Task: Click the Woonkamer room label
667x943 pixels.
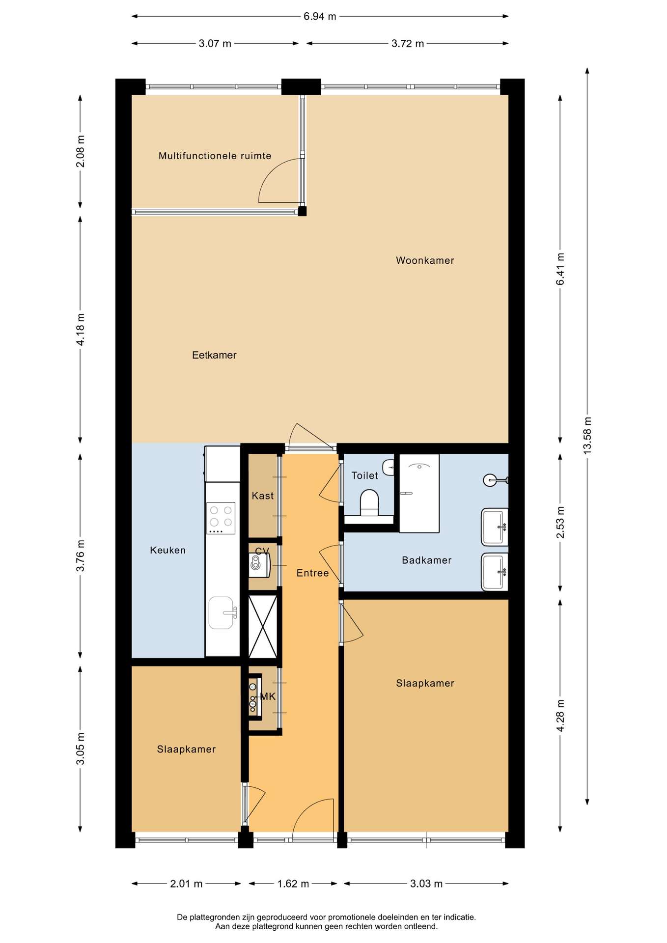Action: tap(425, 260)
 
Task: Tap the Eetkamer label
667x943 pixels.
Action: tap(214, 355)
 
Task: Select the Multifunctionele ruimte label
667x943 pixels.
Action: tap(215, 156)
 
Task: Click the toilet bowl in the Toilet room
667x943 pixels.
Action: tap(369, 502)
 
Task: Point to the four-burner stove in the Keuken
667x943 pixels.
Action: tap(221, 518)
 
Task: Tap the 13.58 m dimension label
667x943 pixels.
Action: tap(587, 435)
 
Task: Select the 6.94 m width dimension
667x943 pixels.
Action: tap(320, 16)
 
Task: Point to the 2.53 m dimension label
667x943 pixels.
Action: tap(560, 522)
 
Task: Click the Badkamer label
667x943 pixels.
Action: tap(426, 560)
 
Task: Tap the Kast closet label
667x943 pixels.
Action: tap(263, 496)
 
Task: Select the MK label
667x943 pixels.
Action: tap(268, 696)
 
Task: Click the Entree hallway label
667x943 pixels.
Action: tap(312, 573)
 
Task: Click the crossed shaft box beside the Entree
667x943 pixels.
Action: tap(263, 627)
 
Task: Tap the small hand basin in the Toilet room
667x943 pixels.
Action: tap(389, 467)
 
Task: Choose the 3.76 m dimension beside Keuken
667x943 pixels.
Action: tap(81, 555)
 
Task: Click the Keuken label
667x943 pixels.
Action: tap(167, 550)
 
